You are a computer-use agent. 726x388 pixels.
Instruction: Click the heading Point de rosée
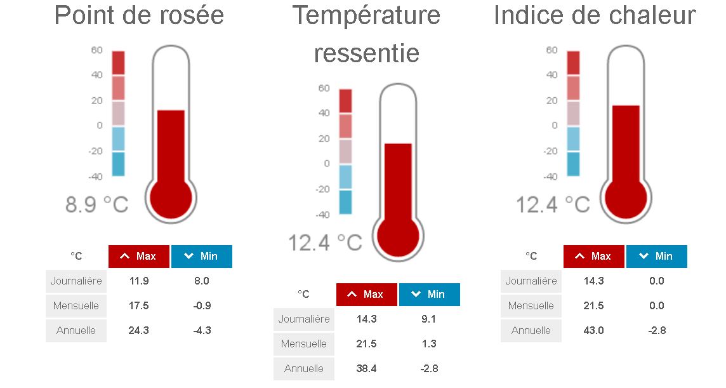coord(139,15)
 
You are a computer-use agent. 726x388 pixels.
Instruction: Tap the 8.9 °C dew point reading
coord(96,204)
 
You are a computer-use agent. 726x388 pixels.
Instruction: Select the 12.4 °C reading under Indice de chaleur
coord(552,204)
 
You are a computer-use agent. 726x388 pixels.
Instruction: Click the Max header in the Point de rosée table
coord(139,256)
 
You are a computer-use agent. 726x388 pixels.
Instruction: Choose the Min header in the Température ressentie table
coord(429,294)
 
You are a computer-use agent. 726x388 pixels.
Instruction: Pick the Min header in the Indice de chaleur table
coord(657,256)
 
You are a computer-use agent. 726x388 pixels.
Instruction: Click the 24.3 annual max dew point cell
coord(138,330)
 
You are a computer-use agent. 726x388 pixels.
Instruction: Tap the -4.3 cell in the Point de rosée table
coord(202,330)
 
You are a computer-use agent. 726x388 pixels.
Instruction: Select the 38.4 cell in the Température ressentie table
coord(366,368)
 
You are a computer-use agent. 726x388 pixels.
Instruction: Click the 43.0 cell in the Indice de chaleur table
coord(594,330)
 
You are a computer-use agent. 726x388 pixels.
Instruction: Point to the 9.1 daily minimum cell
coord(429,319)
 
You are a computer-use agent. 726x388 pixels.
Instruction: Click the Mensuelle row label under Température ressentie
coord(304,344)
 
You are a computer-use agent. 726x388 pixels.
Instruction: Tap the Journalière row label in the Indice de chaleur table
coord(531,281)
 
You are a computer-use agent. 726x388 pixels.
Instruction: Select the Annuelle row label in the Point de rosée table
coord(76,330)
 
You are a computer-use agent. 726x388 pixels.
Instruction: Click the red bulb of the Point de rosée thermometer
coord(171,197)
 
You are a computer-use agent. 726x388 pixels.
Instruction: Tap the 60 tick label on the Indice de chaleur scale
coord(551,50)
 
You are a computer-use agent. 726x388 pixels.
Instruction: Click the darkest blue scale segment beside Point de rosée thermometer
coord(118,164)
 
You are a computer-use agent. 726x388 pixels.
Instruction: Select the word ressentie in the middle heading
coord(366,53)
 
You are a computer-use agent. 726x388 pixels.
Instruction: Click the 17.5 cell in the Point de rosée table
coord(138,305)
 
